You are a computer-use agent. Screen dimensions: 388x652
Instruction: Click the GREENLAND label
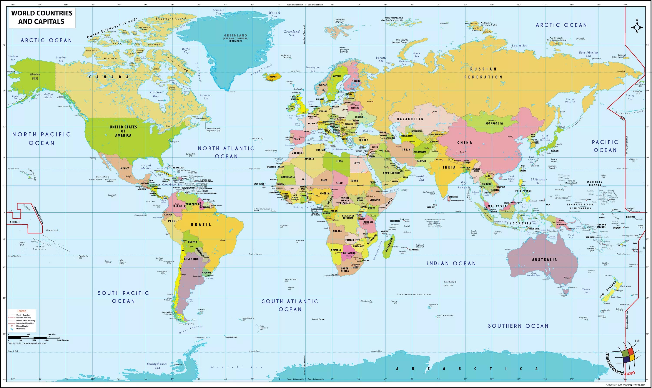coord(235,36)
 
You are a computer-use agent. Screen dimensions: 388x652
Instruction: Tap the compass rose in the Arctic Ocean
coord(637,27)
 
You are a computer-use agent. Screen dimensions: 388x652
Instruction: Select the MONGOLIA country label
coord(494,123)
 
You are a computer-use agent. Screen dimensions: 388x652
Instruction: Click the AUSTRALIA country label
coord(544,260)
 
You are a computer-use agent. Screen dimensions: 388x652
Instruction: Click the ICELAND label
coord(273,77)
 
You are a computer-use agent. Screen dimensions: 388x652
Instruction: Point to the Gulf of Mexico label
coord(146,167)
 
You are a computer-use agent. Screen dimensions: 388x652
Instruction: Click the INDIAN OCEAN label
coord(451,264)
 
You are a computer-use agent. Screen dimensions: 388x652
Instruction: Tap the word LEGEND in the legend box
coord(22,311)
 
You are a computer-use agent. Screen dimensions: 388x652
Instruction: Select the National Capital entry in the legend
coord(22,326)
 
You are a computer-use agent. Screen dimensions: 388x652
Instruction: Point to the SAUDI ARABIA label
coord(391,173)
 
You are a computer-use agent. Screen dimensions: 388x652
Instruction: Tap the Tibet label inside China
coord(461,152)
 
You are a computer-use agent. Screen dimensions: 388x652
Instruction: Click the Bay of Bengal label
coord(464,185)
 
